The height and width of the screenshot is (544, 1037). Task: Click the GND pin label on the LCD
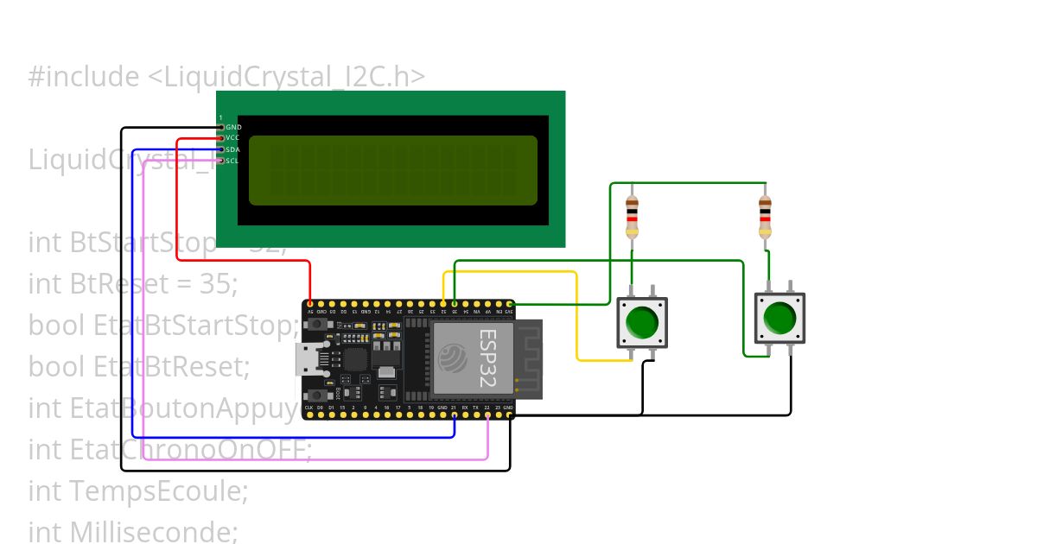pos(233,127)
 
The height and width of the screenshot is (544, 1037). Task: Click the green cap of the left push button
pos(641,322)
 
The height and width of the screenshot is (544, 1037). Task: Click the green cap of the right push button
pos(779,317)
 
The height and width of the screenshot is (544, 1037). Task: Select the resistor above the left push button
pos(632,216)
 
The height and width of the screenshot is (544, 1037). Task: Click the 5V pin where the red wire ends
pos(309,304)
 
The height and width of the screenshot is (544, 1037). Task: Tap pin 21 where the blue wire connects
pos(455,414)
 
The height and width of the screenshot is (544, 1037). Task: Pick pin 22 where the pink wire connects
pos(487,414)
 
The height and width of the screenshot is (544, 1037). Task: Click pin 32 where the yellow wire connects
pos(444,304)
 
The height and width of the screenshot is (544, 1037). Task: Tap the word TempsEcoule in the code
pos(160,491)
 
